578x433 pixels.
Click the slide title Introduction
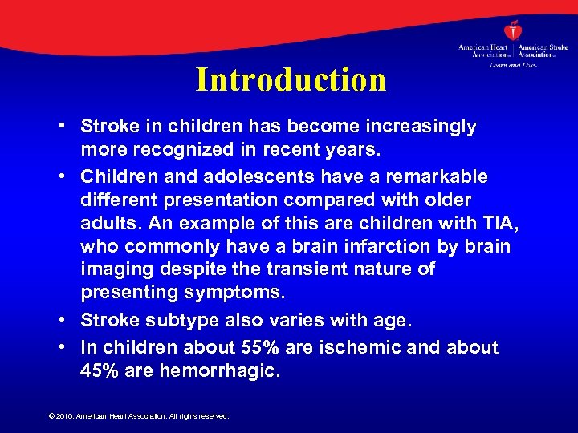coord(291,80)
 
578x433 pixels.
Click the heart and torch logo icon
coord(511,30)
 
